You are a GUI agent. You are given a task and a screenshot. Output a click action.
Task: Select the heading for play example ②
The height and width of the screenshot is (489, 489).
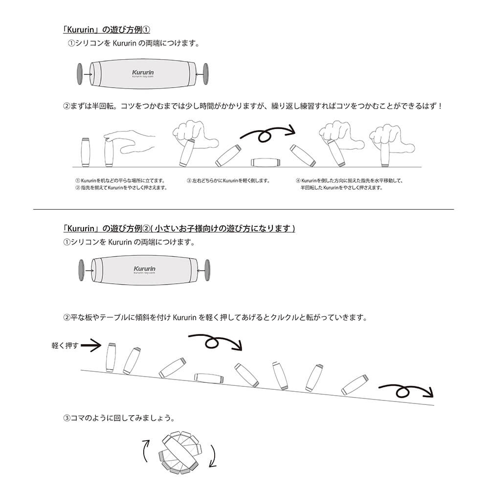click(x=179, y=228)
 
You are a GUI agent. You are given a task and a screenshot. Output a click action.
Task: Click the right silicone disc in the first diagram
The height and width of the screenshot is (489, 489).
click(x=205, y=74)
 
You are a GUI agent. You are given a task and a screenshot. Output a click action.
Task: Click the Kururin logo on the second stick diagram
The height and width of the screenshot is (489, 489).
click(x=144, y=269)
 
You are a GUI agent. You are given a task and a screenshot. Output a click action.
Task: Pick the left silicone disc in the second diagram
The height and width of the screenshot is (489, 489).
click(x=81, y=270)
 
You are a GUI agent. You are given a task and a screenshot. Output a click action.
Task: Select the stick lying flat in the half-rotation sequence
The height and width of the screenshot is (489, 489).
click(x=265, y=162)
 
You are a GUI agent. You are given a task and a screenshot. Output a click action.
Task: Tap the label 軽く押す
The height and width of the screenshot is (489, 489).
click(x=65, y=345)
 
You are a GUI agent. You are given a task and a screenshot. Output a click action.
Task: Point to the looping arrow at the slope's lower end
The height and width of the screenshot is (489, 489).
click(x=405, y=391)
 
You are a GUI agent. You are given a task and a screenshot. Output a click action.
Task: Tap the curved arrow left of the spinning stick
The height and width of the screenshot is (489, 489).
click(x=146, y=450)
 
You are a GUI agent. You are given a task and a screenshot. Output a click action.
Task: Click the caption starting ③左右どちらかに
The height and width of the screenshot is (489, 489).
click(x=228, y=180)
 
